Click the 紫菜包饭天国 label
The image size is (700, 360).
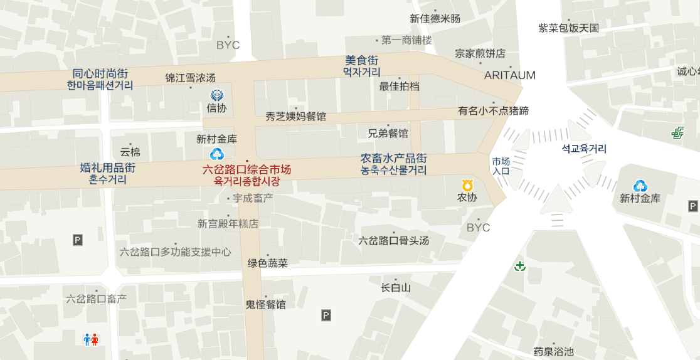[569, 28]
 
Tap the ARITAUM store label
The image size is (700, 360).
[510, 75]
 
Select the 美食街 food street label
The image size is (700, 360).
[362, 61]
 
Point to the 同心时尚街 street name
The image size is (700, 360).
[100, 74]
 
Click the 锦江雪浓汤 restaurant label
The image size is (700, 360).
[190, 78]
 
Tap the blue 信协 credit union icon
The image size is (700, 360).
[217, 95]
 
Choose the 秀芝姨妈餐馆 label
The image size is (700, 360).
[295, 116]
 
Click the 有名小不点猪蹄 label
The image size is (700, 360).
[493, 111]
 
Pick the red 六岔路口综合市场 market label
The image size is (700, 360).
[247, 169]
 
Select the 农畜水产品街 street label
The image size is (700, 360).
[394, 159]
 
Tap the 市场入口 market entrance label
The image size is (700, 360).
[501, 166]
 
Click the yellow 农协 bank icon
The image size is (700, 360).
[467, 186]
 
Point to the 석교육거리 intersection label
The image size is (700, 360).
[584, 149]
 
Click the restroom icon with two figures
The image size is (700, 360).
[91, 339]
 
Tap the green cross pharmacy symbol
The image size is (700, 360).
[519, 267]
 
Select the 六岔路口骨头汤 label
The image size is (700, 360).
[393, 241]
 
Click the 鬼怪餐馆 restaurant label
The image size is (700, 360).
[265, 305]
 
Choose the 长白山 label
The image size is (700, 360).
[396, 288]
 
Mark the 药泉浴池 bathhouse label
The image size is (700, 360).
[553, 352]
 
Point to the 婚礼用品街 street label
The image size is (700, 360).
[108, 168]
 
